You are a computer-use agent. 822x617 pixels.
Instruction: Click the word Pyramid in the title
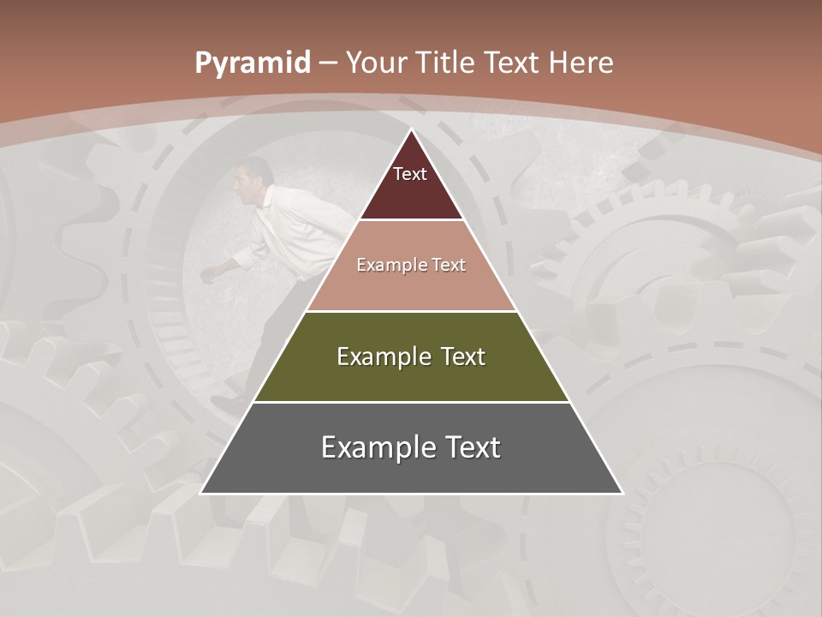click(252, 63)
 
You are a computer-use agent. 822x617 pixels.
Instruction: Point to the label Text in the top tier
click(410, 174)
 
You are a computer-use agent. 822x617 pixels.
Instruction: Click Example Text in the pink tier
click(411, 265)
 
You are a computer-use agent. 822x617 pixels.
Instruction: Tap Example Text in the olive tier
click(411, 356)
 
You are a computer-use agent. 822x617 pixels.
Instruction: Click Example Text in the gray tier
click(411, 447)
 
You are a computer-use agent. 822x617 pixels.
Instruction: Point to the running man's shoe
click(225, 404)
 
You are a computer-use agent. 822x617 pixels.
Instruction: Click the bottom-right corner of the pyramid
click(622, 493)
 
